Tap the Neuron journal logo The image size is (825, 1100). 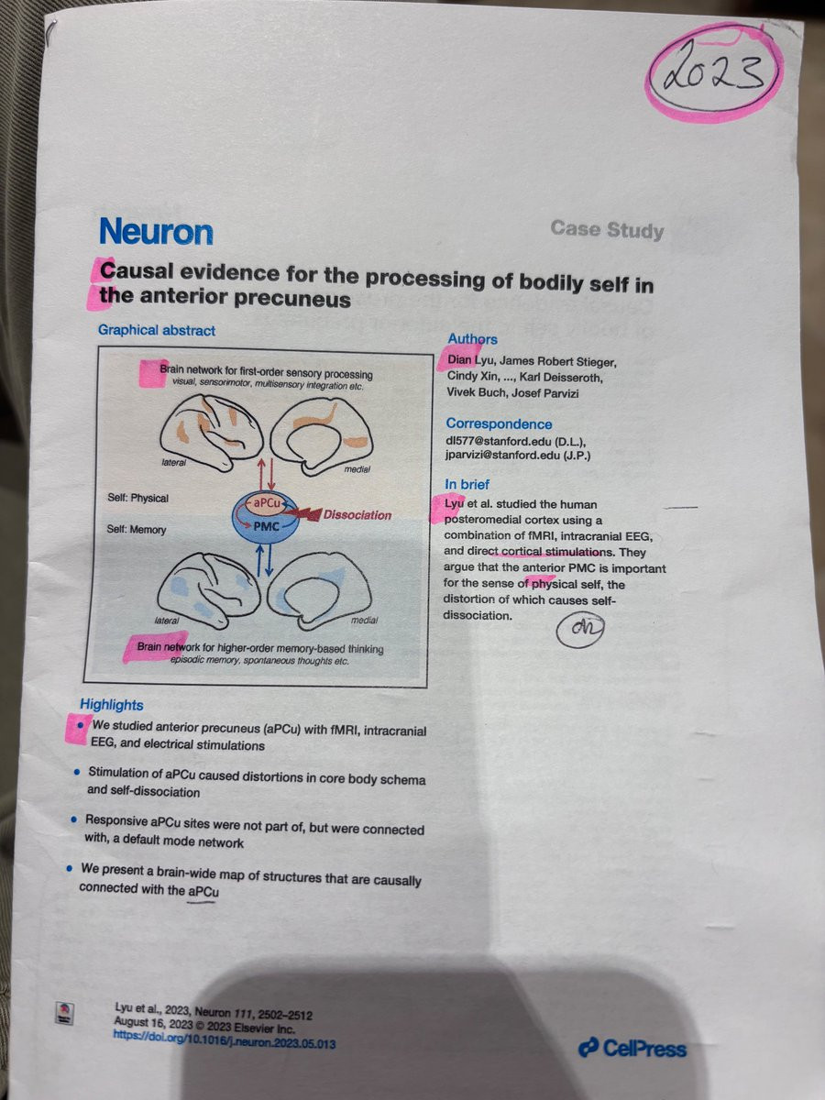pos(156,232)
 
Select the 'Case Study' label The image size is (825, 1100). pos(607,229)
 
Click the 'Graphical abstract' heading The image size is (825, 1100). pos(157,330)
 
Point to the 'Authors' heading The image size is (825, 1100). pos(472,339)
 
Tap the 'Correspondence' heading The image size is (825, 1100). pos(499,423)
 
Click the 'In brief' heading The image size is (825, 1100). pos(467,483)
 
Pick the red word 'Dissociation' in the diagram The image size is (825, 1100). pos(357,515)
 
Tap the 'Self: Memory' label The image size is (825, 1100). pos(137,530)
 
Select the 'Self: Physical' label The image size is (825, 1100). pos(137,499)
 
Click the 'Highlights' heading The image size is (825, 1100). pos(111,704)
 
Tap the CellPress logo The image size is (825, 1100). pos(632,1047)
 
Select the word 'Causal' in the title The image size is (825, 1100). pos(142,272)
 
